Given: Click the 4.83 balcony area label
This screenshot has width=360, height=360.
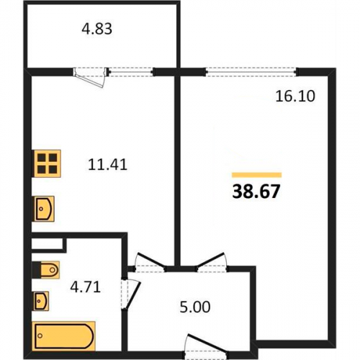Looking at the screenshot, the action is [96, 29].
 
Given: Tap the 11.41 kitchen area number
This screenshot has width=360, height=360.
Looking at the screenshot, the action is [107, 165].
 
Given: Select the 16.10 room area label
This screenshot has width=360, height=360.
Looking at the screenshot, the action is [295, 96].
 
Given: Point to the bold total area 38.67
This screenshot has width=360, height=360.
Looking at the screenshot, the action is [256, 192].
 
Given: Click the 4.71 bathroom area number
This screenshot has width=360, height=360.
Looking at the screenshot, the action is [85, 287].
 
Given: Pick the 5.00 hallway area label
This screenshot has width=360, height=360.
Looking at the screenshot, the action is [195, 307].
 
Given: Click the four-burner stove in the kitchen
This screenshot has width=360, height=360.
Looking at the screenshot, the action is [48, 163].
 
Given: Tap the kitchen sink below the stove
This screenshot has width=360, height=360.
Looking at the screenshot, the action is [44, 209].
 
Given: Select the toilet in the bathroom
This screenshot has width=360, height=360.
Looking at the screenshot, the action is [45, 270].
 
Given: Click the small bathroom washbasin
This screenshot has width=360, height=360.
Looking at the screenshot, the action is [41, 301].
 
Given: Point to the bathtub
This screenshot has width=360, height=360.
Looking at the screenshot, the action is [64, 336].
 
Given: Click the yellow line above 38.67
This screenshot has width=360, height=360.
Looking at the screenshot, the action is [256, 175].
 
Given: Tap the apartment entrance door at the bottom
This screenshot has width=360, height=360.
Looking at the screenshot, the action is [207, 346].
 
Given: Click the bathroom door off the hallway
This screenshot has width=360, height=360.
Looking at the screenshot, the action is [130, 294].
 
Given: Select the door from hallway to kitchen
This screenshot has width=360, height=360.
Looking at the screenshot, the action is [150, 263].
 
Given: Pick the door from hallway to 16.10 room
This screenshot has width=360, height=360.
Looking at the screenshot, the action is [212, 262].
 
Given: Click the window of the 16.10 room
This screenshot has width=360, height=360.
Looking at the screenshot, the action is [251, 72].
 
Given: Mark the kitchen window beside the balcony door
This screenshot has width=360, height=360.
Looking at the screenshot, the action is [130, 72].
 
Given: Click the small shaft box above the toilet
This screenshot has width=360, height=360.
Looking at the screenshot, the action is [47, 243].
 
